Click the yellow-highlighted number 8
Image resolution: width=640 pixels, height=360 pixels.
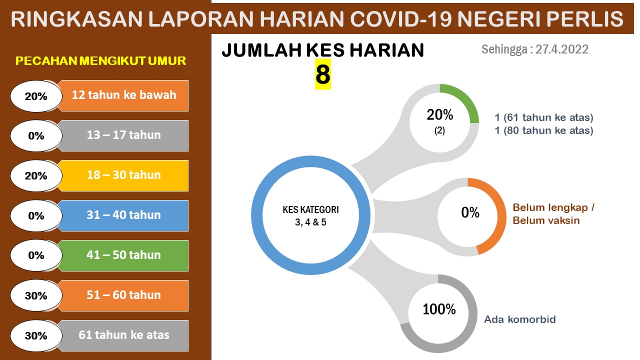[x=323, y=74]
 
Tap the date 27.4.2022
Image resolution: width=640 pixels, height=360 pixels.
[x=561, y=49]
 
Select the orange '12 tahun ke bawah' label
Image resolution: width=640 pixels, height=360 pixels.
[x=123, y=95]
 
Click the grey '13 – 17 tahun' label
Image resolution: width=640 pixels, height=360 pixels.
[x=123, y=135]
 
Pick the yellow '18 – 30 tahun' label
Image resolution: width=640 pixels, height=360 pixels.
[x=123, y=175]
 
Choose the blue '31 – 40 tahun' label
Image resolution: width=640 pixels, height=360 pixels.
[x=123, y=215]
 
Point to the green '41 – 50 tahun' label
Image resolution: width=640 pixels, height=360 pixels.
[x=123, y=255]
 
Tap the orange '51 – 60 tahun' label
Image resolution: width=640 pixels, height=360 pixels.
[x=123, y=295]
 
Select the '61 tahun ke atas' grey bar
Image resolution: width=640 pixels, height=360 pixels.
[x=123, y=335]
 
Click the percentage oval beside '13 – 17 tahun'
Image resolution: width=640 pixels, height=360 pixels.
[x=36, y=135]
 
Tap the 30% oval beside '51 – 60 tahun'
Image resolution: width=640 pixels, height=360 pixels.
[x=36, y=295]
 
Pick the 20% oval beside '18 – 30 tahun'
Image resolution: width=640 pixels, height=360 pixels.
[x=36, y=175]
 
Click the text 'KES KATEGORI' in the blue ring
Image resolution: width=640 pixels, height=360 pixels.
[x=310, y=209]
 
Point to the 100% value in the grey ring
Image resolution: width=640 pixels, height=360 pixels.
[x=439, y=309]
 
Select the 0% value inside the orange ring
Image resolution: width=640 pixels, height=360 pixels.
[x=470, y=212]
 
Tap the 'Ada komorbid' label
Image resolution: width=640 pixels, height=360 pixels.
[x=520, y=319]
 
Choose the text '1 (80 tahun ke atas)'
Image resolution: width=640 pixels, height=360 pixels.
[x=544, y=130]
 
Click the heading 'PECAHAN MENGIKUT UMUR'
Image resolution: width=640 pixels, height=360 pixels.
[x=100, y=61]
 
